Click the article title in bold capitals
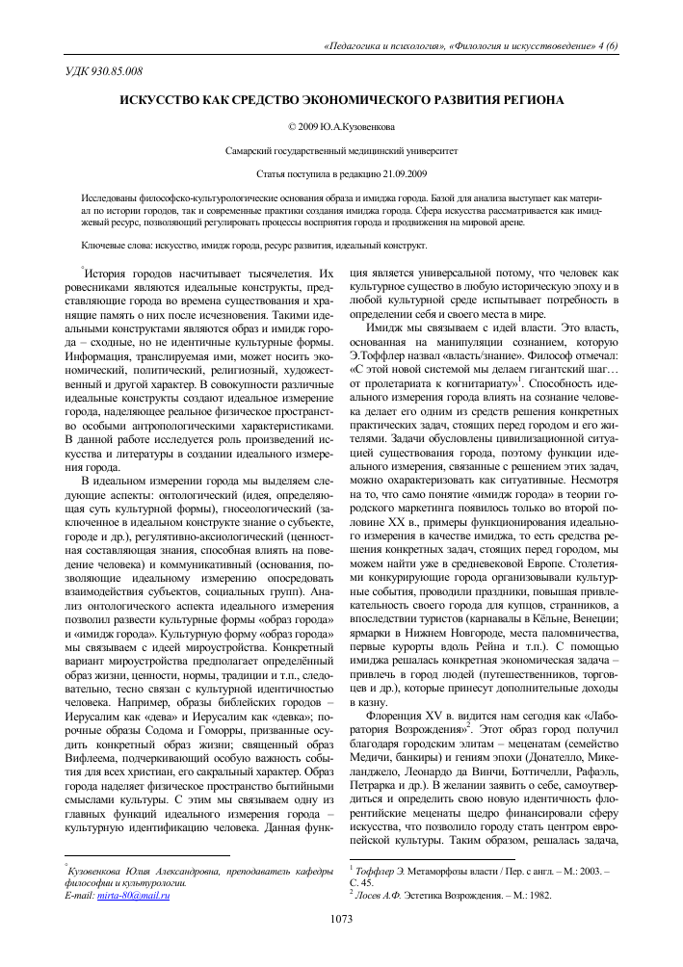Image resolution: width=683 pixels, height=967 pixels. point(341,100)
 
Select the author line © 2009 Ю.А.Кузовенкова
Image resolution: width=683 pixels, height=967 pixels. point(341,126)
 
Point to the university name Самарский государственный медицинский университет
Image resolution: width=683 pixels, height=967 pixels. point(341,152)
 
